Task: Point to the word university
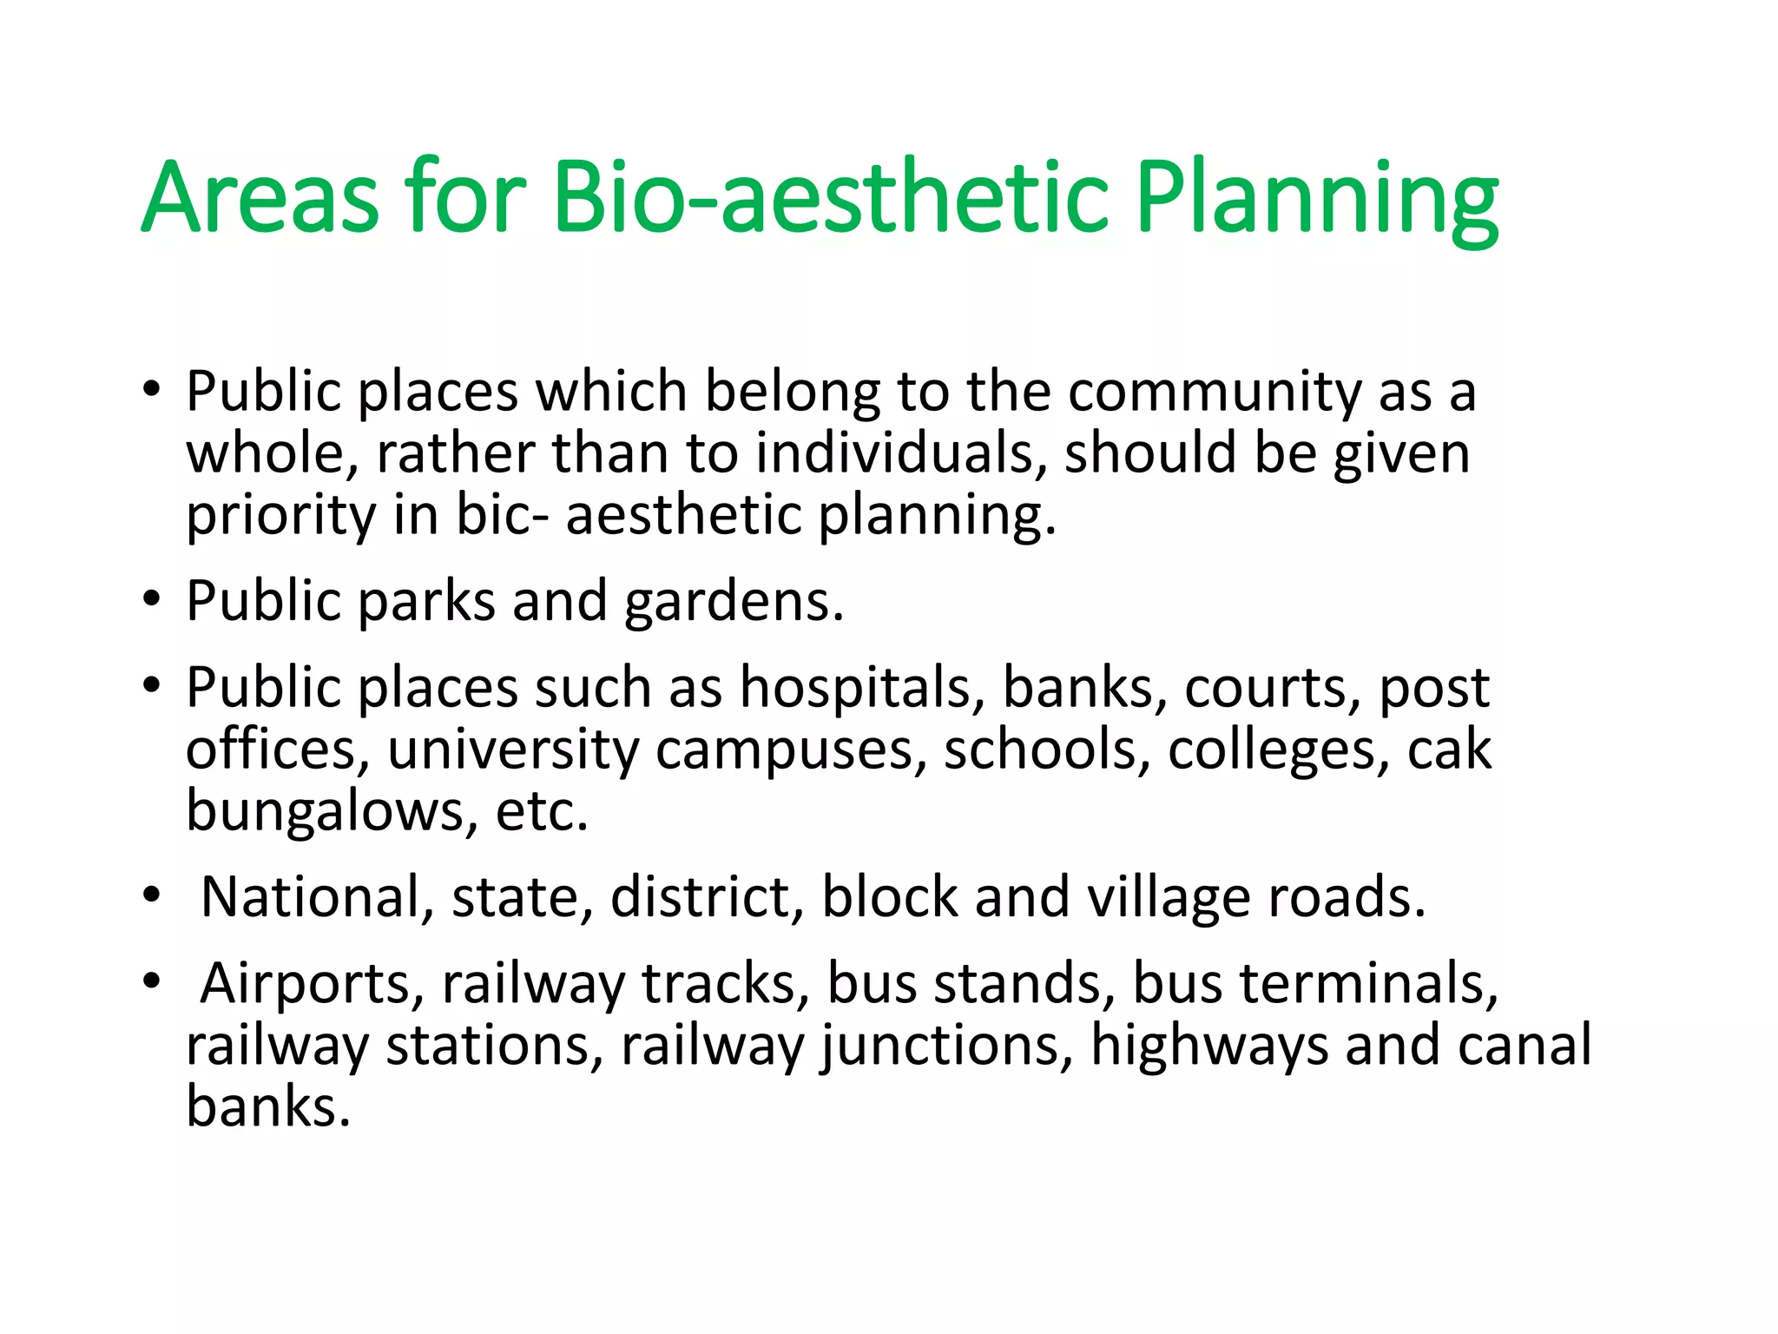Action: click(513, 751)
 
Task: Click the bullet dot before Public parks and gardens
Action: click(152, 599)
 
